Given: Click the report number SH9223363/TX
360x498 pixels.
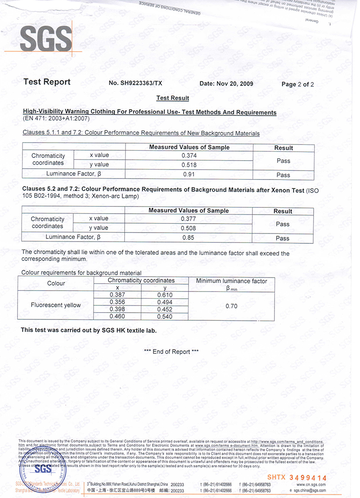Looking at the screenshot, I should tap(135, 84).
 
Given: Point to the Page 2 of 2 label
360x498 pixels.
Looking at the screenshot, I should tap(297, 84).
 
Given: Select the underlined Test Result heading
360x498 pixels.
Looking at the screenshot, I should tap(172, 98).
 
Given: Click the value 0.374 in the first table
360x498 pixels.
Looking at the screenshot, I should tap(189, 156).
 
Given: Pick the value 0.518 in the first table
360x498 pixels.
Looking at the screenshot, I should tap(189, 165).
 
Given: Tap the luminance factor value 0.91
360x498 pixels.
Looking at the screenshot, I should tap(189, 175).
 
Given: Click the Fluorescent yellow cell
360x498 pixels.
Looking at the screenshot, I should tap(56, 305).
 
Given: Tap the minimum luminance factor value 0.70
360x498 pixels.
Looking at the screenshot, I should tap(231, 306).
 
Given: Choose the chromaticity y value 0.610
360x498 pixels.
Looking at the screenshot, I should tap(165, 295).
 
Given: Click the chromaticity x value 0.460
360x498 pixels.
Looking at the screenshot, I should tap(117, 317).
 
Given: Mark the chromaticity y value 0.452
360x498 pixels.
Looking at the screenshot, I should tap(165, 310).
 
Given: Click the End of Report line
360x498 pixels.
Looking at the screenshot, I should tap(171, 352).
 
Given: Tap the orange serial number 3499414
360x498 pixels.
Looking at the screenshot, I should tap(308, 477).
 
